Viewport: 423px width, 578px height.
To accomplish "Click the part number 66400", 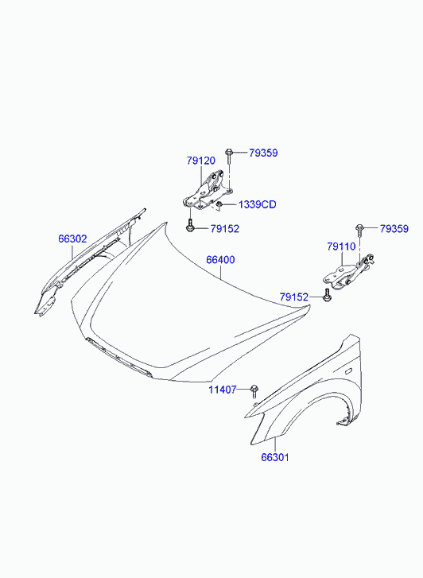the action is tap(220, 260).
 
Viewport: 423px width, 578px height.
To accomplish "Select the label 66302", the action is tap(72, 239).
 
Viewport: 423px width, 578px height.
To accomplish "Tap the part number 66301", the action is tap(275, 457).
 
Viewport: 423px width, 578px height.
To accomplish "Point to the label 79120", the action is tap(200, 161).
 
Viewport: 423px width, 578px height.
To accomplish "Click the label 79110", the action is tap(341, 246).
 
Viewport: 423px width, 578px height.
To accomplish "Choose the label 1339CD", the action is tap(258, 204).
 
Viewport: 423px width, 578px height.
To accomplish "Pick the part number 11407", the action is tap(223, 390).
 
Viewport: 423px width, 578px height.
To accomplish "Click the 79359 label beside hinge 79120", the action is tap(263, 153).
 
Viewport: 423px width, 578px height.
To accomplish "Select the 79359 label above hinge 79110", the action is tap(394, 229).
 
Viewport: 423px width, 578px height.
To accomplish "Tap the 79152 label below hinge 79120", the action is tap(224, 229).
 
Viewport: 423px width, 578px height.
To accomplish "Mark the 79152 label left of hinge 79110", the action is tap(294, 297).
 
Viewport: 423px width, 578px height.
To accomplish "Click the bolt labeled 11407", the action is tap(254, 390).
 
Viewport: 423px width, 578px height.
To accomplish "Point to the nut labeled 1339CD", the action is tap(219, 204).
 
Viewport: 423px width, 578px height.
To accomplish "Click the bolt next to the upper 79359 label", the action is tap(229, 157).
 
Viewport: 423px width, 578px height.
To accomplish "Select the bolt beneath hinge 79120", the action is tap(190, 225).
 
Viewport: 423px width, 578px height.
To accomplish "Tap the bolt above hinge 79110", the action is tap(359, 231).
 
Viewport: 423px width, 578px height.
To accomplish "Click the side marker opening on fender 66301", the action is tap(347, 370).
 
